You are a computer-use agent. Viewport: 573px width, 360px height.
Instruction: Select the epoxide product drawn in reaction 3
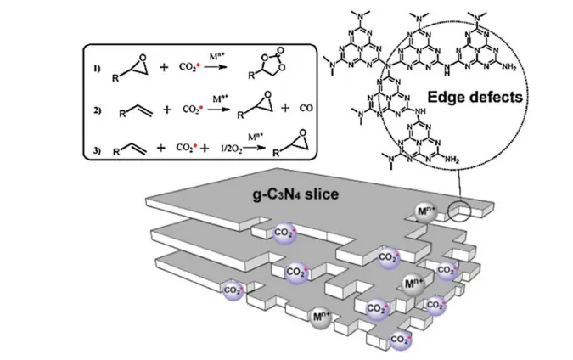click(289, 148)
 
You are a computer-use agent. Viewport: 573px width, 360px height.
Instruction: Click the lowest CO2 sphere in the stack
click(397, 340)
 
